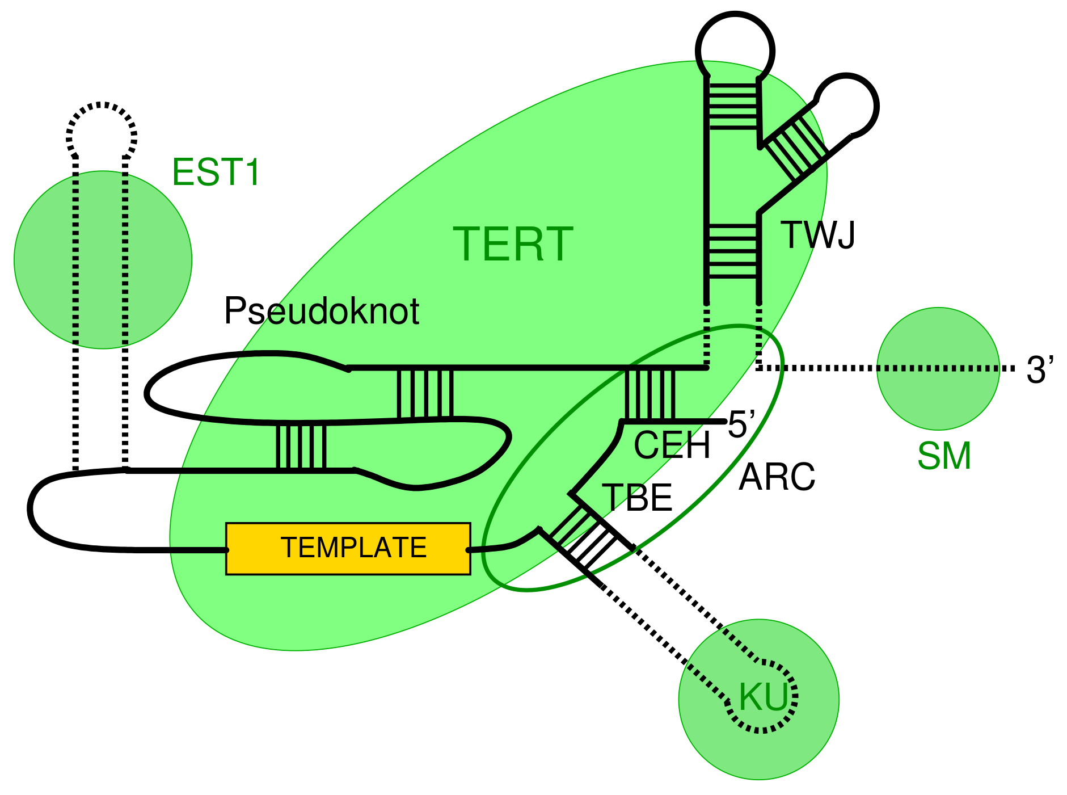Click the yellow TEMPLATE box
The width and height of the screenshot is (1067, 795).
pyautogui.click(x=348, y=548)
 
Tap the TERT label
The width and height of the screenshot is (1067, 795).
pyautogui.click(x=513, y=245)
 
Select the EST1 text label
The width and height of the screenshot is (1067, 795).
pyautogui.click(x=216, y=173)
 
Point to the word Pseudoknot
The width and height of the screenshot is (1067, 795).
pyautogui.click(x=321, y=312)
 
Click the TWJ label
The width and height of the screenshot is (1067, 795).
pyautogui.click(x=817, y=235)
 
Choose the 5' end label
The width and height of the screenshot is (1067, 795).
pyautogui.click(x=741, y=424)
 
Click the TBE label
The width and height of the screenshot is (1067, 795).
pyautogui.click(x=636, y=498)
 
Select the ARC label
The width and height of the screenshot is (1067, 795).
pyautogui.click(x=777, y=477)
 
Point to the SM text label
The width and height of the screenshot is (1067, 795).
pyautogui.click(x=944, y=456)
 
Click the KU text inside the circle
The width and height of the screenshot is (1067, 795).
pyautogui.click(x=763, y=697)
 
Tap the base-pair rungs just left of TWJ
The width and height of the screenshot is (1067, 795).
pyautogui.click(x=733, y=251)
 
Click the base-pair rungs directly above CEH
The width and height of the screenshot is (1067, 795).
pyautogui.click(x=650, y=394)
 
